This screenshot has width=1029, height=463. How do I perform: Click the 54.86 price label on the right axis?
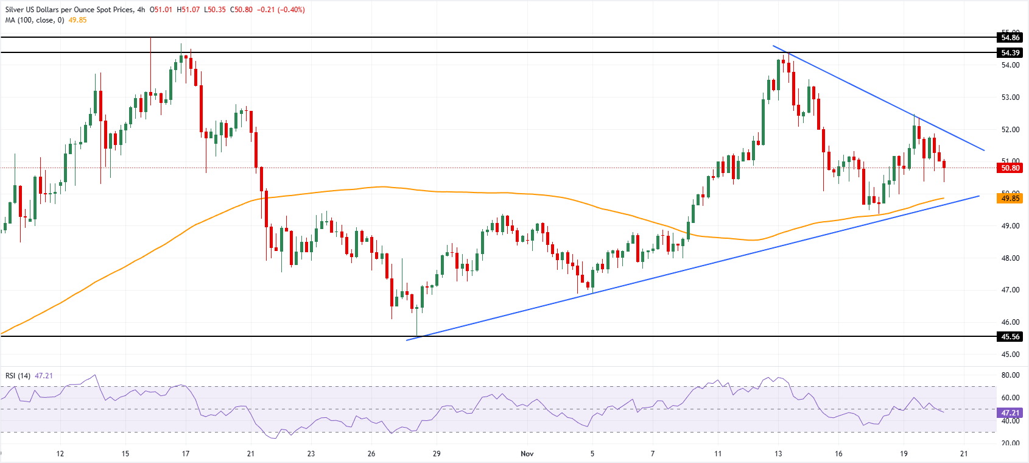[1010, 38]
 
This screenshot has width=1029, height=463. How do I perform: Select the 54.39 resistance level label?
[1010, 53]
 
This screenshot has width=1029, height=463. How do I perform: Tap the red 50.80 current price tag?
[1010, 168]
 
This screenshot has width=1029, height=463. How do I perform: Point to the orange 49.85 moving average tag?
[1010, 199]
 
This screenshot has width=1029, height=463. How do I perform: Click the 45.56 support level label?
[1010, 337]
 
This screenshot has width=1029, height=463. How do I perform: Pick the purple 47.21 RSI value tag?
[1010, 413]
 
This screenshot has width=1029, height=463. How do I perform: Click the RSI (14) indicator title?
[18, 376]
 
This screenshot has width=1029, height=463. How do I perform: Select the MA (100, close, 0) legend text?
[35, 20]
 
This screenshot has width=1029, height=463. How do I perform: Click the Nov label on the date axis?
[527, 454]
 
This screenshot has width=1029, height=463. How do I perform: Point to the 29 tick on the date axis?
[437, 454]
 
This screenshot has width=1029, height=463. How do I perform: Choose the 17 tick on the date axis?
[186, 454]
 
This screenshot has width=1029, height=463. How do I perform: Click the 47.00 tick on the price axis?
[1010, 290]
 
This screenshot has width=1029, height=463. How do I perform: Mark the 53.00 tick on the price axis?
[1010, 97]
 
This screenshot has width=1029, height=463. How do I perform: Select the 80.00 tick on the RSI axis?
[1010, 376]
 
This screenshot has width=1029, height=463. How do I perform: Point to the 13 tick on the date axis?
[778, 454]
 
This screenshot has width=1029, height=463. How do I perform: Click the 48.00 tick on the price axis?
[1010, 258]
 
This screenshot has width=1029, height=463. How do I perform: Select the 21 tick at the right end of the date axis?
[964, 454]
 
